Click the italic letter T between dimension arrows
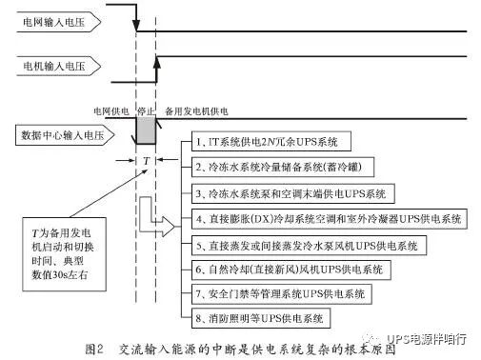(x=145, y=161)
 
